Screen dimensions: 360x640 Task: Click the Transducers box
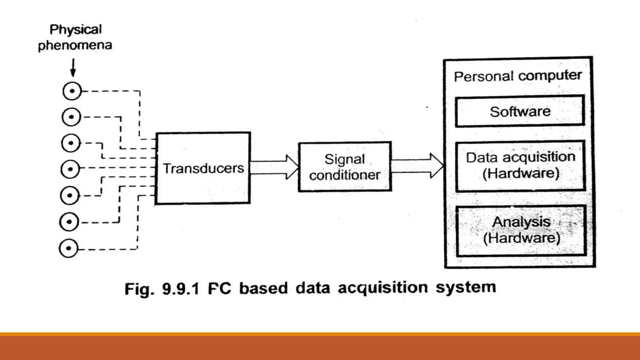(203, 168)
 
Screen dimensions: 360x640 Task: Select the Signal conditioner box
(345, 167)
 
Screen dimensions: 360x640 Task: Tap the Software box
(520, 111)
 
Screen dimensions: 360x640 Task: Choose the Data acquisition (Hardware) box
(520, 166)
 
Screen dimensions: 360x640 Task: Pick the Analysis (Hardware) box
(521, 231)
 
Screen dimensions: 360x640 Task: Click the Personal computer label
(518, 76)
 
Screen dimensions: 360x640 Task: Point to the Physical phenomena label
(75, 37)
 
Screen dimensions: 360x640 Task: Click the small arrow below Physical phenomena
(73, 67)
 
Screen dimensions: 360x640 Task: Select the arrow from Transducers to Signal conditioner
(274, 167)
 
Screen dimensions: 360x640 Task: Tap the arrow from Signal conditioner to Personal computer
(417, 166)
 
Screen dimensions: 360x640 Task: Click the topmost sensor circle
(72, 91)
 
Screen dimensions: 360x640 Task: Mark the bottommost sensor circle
(68, 248)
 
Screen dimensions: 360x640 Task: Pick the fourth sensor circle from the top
(70, 169)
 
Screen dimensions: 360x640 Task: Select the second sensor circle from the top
(71, 117)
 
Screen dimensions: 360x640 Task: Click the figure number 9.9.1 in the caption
(180, 288)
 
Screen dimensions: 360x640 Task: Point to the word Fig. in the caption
(139, 289)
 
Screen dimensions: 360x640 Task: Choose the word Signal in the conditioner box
(345, 159)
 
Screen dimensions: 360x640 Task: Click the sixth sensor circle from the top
(69, 222)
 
